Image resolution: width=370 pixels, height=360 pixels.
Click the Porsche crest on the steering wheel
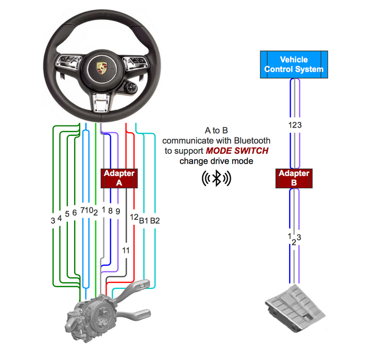[99, 68]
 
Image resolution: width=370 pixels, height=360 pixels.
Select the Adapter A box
[119, 178]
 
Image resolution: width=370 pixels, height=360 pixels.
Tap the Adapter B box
[294, 178]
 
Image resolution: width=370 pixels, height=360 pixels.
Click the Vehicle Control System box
[294, 65]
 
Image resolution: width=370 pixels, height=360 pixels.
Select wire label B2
[155, 221]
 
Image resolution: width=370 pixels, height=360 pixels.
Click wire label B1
[144, 221]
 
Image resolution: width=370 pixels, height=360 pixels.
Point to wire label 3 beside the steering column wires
[52, 221]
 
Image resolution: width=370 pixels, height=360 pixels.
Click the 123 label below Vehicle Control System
[294, 125]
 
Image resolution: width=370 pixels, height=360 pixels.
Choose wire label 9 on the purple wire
[118, 211]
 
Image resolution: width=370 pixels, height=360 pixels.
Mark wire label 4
[60, 218]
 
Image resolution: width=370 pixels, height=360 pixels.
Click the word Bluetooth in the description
[252, 140]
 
